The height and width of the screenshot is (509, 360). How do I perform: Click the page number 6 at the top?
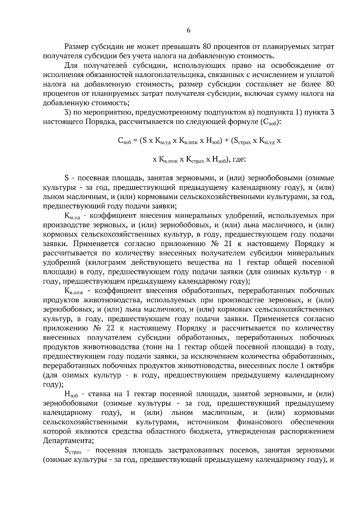[x=188, y=30]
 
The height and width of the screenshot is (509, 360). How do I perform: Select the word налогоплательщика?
[x=170, y=75]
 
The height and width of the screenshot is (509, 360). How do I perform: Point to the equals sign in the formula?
[x=135, y=141]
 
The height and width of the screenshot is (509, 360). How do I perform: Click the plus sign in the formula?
[x=226, y=141]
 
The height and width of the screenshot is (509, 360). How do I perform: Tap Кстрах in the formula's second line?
[x=195, y=160]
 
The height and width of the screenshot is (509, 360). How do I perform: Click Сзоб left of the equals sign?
[x=124, y=141]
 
